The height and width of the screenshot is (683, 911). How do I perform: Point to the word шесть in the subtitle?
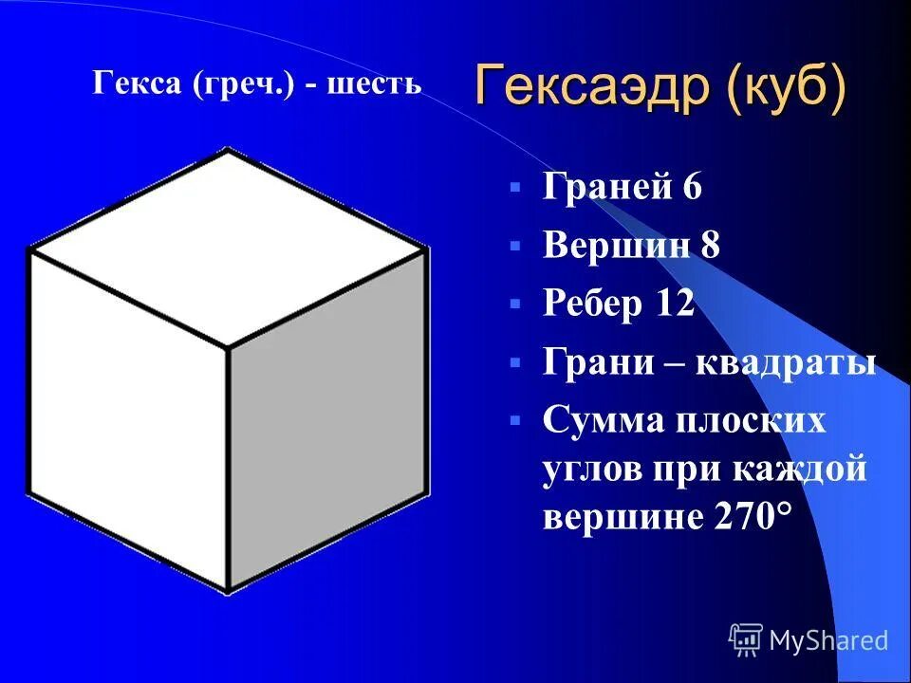374,84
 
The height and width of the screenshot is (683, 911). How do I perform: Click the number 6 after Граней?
691,187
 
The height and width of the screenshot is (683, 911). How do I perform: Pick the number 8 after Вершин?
711,246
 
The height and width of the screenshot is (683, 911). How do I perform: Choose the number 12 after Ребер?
675,304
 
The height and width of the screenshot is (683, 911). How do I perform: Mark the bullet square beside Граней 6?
514,188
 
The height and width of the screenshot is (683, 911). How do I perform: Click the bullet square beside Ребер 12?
514,305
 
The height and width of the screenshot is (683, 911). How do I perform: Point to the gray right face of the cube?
327,417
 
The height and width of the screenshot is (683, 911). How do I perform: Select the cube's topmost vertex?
227,150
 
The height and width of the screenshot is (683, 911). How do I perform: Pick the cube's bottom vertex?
228,591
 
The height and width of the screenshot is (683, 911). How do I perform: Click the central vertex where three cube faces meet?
228,347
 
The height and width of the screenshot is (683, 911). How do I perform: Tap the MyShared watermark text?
828,641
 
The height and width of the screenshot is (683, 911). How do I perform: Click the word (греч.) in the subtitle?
249,84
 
